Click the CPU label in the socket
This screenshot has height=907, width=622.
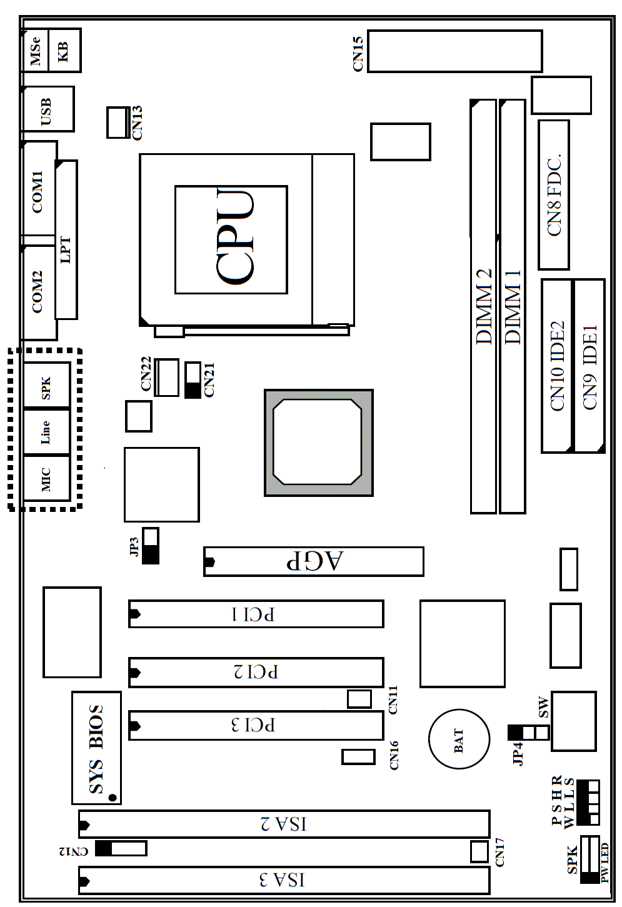234,236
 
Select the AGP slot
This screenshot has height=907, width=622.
314,561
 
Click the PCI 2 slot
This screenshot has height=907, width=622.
256,673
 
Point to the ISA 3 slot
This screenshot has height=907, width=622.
284,880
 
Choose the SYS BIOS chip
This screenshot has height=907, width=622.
96,748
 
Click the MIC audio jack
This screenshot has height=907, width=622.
46,478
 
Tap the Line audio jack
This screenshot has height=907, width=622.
46,432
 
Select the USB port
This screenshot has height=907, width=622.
48,109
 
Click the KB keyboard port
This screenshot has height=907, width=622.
64,50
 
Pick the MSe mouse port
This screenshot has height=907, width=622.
35,50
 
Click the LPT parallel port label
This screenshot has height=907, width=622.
65,250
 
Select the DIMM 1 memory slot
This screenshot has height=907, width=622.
513,306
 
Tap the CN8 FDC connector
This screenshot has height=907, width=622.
554,195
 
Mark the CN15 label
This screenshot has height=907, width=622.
358,54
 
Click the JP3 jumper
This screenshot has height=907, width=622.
151,546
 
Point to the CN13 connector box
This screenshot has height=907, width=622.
118,123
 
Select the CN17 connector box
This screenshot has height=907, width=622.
479,851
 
